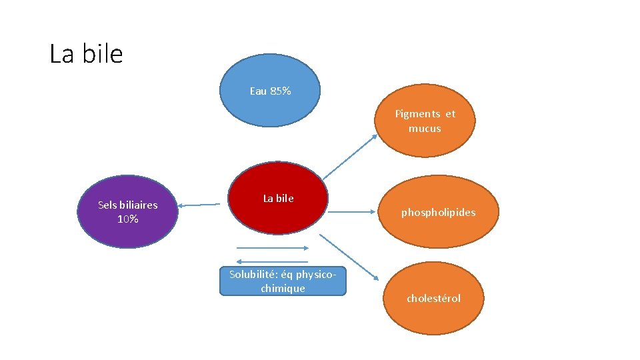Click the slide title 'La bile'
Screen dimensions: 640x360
[86, 53]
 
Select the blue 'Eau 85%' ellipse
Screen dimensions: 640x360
[270, 90]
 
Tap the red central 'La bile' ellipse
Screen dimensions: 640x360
[278, 198]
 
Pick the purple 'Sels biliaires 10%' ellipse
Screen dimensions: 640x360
[128, 211]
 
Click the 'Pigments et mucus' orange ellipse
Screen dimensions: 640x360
[425, 121]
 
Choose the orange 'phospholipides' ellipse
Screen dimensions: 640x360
[439, 212]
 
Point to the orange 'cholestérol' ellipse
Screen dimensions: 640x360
[433, 299]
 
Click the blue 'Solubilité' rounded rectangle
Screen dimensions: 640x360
[283, 281]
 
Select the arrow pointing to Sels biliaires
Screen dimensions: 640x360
[199, 205]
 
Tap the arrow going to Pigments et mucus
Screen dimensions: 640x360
[350, 157]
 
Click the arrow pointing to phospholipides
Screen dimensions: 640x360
[352, 212]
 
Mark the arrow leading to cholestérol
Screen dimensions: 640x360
[349, 257]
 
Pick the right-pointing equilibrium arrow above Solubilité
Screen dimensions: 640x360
[273, 248]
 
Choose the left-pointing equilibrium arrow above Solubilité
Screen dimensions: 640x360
[272, 261]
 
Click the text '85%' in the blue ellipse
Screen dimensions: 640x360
[281, 91]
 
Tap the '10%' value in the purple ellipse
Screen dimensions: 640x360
[128, 219]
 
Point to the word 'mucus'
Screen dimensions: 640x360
[425, 129]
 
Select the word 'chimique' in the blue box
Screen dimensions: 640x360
[283, 289]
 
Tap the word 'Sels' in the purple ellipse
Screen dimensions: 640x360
[107, 205]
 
